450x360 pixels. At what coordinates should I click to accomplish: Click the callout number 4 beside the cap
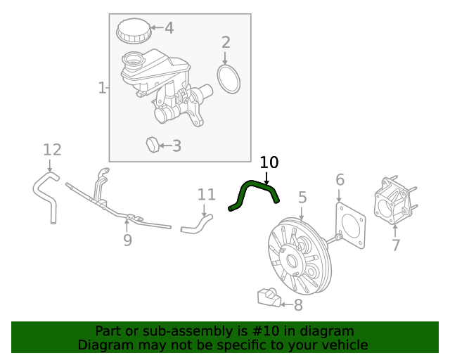tap(169, 28)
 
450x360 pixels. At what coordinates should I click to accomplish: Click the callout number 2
tap(226, 42)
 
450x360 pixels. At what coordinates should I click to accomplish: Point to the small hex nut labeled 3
tap(153, 145)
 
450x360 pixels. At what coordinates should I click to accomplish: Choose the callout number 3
tap(176, 146)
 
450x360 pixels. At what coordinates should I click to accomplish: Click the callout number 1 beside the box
tap(101, 88)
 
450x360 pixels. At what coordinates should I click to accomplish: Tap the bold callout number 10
tap(269, 163)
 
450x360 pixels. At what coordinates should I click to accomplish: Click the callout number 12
tap(52, 150)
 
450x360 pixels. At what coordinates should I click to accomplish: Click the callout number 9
tap(127, 240)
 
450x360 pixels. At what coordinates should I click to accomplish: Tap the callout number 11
tap(206, 194)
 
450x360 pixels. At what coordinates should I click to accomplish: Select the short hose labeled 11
tap(196, 225)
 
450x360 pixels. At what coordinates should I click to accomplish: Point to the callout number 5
tap(302, 198)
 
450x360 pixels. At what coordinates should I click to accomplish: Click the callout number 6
tap(340, 180)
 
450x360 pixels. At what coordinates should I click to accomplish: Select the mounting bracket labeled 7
tap(394, 202)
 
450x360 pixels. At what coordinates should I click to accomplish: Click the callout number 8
tap(298, 304)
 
